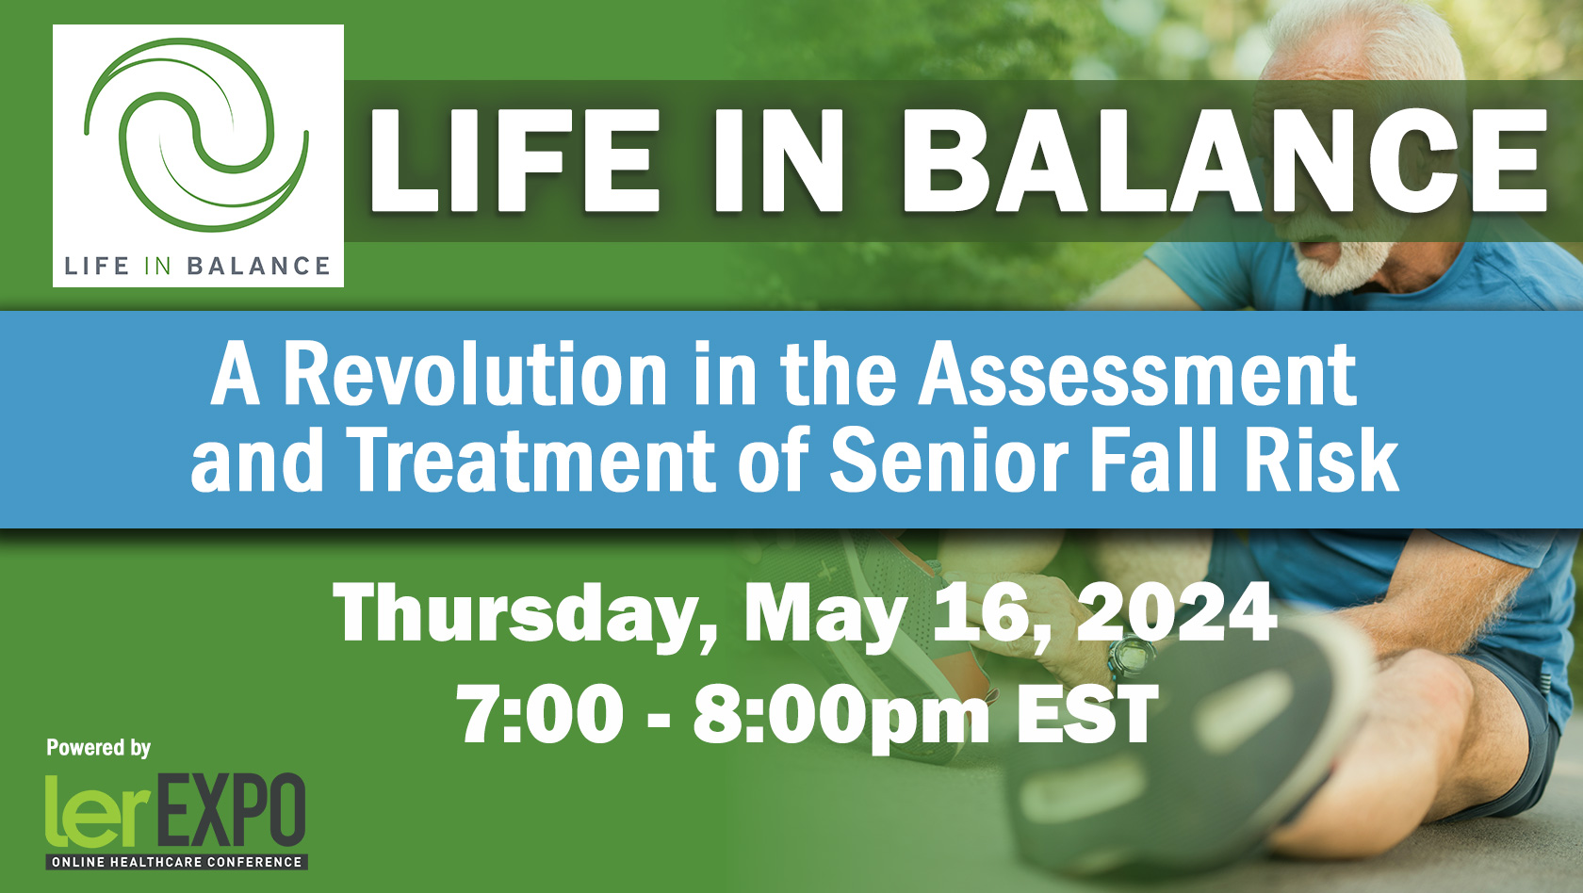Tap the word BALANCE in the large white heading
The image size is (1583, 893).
pyautogui.click(x=1225, y=160)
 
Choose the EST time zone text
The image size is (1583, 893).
pyautogui.click(x=1087, y=714)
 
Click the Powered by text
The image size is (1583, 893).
pyautogui.click(x=98, y=748)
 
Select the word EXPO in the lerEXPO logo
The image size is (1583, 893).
pyautogui.click(x=229, y=810)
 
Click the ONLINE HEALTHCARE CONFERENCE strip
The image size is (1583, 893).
pyautogui.click(x=177, y=862)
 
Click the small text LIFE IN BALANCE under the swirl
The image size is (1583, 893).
pyautogui.click(x=197, y=267)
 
